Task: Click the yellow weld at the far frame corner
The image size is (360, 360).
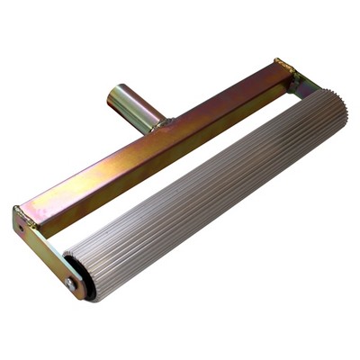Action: [283, 65]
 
